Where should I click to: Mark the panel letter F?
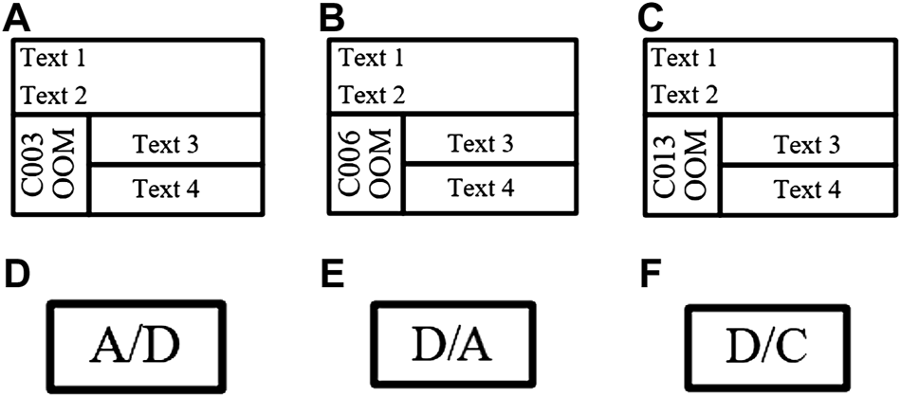tap(651, 273)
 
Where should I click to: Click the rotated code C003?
tap(34, 167)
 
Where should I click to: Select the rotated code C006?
tap(350, 167)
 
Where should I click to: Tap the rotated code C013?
tap(667, 167)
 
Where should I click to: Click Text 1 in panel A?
tap(54, 60)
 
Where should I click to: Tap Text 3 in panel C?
tap(807, 146)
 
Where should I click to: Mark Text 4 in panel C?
tap(807, 190)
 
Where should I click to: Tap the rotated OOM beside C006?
tap(379, 167)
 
